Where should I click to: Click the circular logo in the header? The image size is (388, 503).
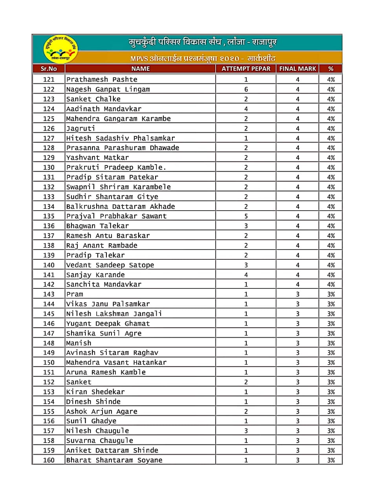tap(60, 49)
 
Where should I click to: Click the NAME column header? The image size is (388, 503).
tap(141, 69)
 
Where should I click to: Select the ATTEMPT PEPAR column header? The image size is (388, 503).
tap(246, 69)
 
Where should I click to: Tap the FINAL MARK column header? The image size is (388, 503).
tap(298, 69)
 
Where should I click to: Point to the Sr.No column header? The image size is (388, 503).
tap(49, 69)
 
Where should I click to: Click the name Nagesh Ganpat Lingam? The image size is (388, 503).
tap(108, 89)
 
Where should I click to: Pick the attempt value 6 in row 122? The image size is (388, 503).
tap(246, 89)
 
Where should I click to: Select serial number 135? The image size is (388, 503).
tap(49, 216)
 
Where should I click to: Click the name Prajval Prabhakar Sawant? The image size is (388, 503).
tap(116, 216)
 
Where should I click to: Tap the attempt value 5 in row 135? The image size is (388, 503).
tap(246, 216)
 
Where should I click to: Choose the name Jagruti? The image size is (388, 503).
tap(81, 129)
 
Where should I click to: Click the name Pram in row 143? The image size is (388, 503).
tap(75, 294)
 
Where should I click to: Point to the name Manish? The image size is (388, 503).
tap(79, 343)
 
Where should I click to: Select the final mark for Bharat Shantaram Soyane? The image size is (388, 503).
tap(298, 460)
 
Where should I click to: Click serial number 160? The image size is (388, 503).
tap(49, 460)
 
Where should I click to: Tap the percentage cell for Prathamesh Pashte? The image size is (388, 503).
tap(331, 79)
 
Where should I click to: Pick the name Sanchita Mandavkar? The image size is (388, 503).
tap(104, 285)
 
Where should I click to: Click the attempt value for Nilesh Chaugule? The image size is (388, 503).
tap(246, 431)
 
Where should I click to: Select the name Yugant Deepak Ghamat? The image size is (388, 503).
tap(108, 323)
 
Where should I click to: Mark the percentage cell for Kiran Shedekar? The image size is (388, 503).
tap(331, 392)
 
